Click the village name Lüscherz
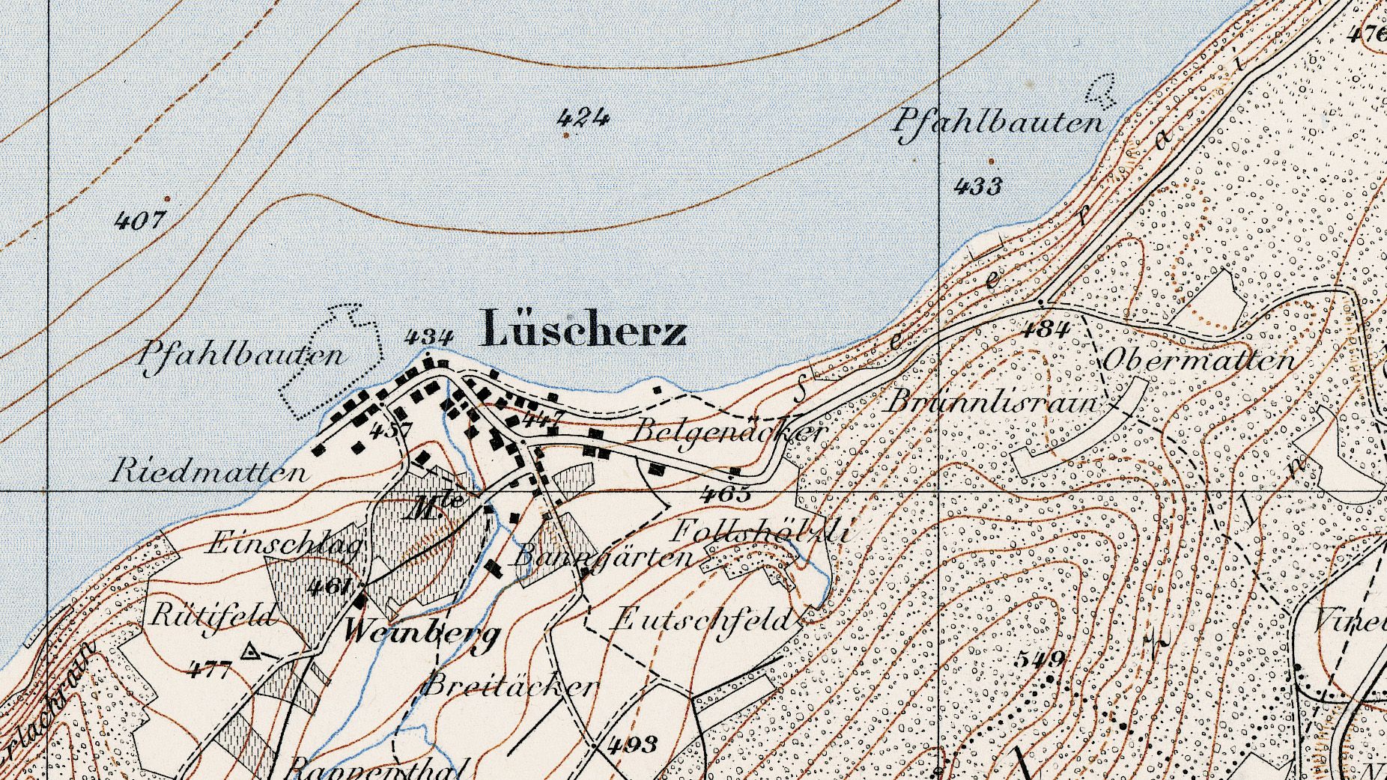(x=583, y=329)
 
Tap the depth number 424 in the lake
(x=583, y=117)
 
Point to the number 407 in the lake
(x=139, y=220)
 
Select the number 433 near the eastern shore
(x=978, y=185)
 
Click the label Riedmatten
(x=210, y=472)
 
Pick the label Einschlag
(x=285, y=543)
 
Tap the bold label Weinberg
(x=422, y=633)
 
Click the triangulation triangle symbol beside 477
(x=249, y=653)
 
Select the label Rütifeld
(x=213, y=616)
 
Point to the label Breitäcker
(x=512, y=686)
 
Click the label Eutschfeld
(x=702, y=620)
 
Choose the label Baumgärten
(x=603, y=558)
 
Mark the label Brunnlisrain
(x=992, y=403)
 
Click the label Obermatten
(x=1198, y=360)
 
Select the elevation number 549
(x=1041, y=659)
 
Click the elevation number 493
(x=633, y=743)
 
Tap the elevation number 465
(x=726, y=494)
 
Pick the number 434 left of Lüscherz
(x=428, y=337)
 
